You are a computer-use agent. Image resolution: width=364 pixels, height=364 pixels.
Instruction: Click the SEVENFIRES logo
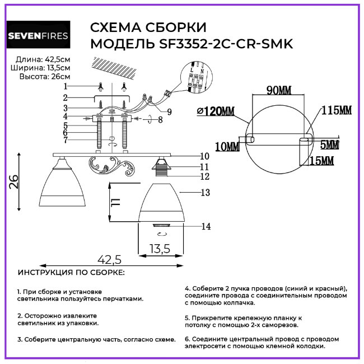coord(38,36)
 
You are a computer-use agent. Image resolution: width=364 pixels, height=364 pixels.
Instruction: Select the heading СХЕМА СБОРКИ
coord(148,27)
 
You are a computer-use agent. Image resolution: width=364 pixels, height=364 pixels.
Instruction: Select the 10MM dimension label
coord(227,147)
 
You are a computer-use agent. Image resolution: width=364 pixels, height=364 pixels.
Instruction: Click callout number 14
coord(206,226)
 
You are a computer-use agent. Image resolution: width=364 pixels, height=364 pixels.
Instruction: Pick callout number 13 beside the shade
coord(206,192)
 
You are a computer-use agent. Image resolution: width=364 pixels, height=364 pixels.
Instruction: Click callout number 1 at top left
coord(66,86)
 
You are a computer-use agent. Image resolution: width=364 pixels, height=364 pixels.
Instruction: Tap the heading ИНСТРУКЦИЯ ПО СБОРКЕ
coord(71,272)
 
